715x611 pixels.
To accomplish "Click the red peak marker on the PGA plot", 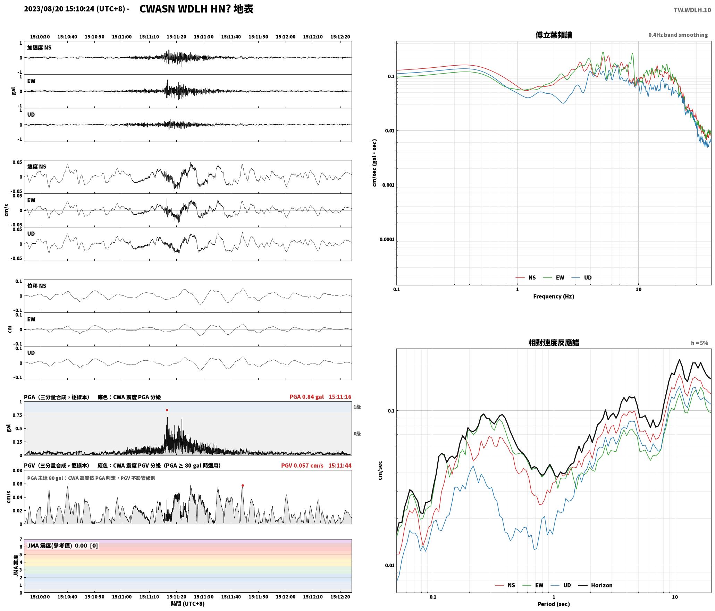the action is click(167, 410).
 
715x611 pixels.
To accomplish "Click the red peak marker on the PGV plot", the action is click(243, 485).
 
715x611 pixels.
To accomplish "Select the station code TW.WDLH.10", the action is click(692, 10).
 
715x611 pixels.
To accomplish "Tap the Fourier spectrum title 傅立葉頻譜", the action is click(554, 35).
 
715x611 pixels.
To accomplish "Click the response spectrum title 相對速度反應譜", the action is click(554, 343).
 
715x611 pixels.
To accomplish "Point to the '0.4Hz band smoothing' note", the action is click(678, 35).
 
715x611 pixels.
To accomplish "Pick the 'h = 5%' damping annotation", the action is click(699, 343).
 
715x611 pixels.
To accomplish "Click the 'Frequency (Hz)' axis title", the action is click(554, 296).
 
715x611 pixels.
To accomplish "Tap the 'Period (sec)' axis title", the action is click(554, 604).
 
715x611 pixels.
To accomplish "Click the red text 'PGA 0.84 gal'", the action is click(306, 397).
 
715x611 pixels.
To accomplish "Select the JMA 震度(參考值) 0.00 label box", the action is click(62, 545).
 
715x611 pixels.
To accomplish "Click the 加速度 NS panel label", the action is click(39, 48).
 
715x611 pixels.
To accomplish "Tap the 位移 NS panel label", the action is click(36, 286).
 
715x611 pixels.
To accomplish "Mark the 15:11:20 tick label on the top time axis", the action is click(176, 37).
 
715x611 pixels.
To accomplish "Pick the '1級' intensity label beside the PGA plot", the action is click(357, 407).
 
